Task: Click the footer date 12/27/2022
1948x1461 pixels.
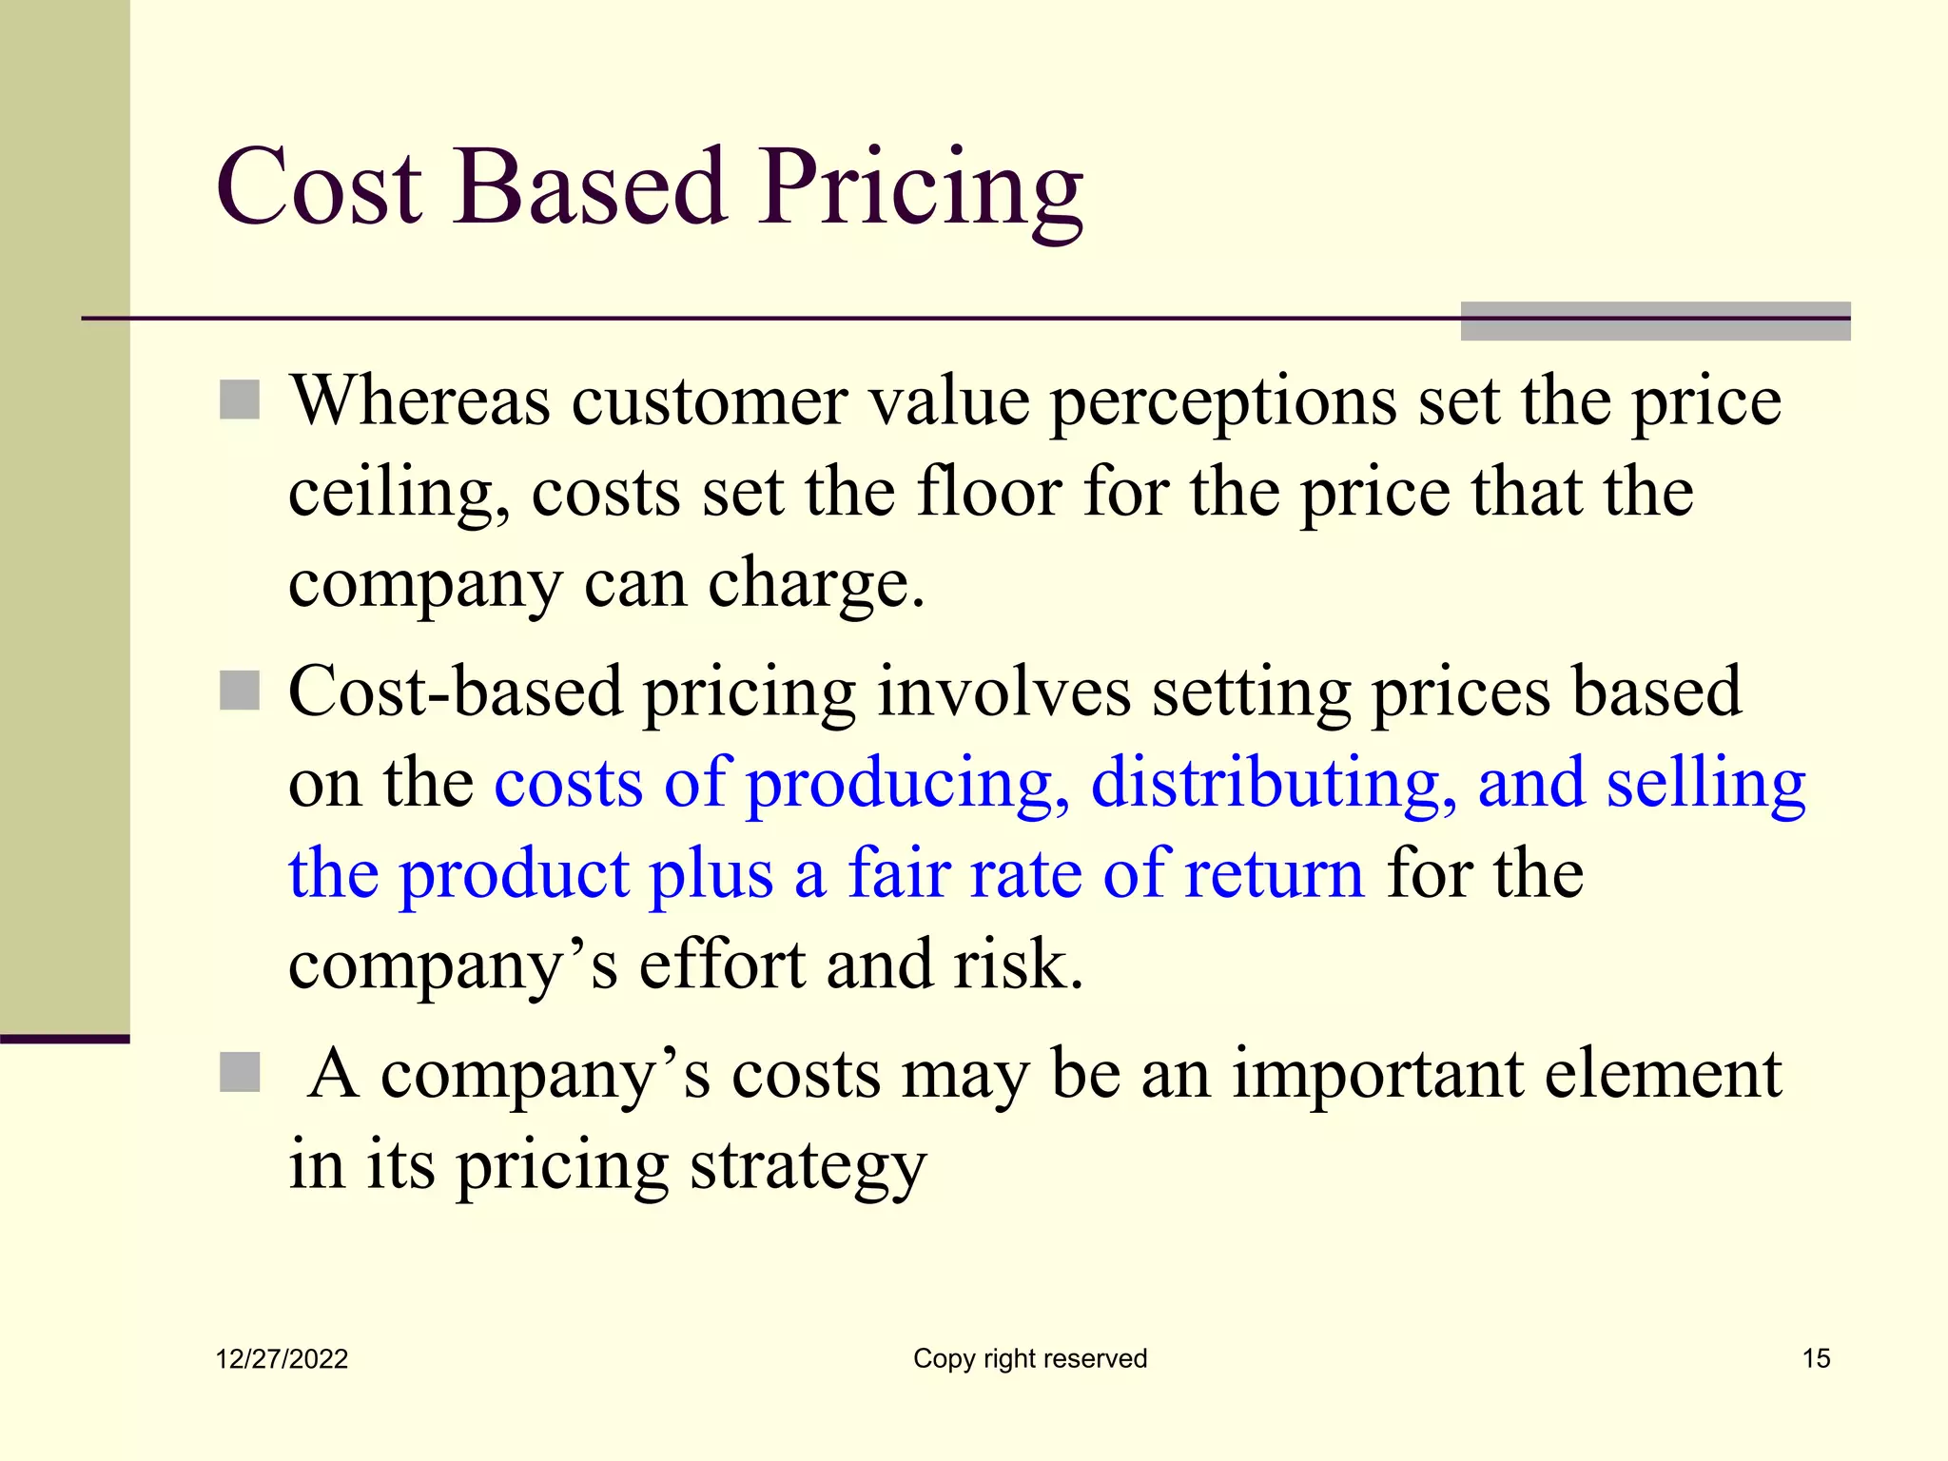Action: pos(282,1358)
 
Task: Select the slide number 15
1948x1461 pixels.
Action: pos(1816,1358)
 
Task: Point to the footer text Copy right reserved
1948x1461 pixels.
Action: pos(1030,1358)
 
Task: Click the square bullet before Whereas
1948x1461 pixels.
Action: pos(240,399)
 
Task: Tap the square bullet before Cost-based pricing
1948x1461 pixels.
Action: pos(240,691)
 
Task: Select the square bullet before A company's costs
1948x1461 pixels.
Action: pos(240,1072)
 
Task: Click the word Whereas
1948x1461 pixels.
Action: pos(419,401)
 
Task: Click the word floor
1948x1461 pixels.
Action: pos(989,493)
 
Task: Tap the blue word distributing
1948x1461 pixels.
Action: pos(1273,784)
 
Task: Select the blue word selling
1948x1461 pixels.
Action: pos(1705,784)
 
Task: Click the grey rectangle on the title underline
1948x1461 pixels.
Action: pos(1655,321)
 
